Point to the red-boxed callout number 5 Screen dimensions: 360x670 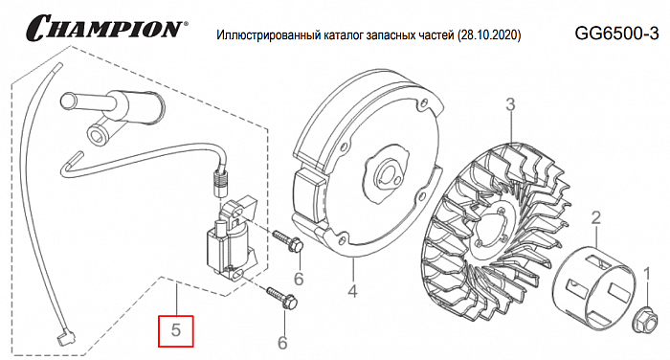pos(175,332)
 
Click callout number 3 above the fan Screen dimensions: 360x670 pos(511,103)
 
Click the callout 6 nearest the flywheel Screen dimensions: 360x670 pos(298,279)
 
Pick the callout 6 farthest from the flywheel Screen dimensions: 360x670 pos(282,342)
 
